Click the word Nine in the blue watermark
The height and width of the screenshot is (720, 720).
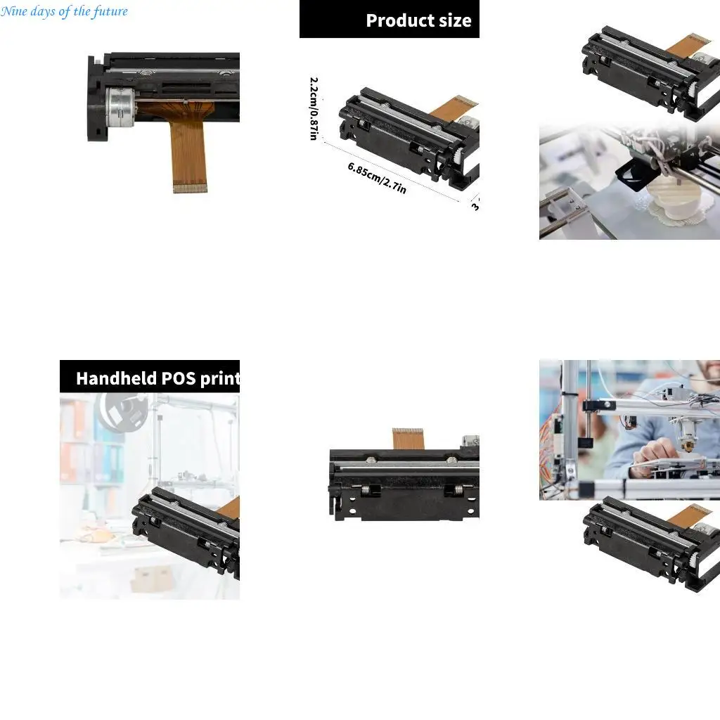click(13, 11)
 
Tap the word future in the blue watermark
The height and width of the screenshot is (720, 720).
click(110, 11)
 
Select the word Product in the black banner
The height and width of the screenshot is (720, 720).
click(398, 20)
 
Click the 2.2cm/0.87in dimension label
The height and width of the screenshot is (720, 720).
click(314, 108)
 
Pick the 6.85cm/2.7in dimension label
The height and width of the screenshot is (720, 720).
click(377, 178)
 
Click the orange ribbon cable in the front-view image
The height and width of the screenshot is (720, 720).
click(408, 439)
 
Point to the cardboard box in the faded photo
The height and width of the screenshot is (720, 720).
click(150, 577)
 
